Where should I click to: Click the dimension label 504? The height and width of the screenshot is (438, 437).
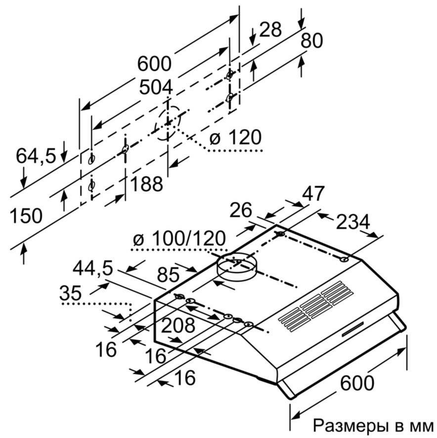[155, 88]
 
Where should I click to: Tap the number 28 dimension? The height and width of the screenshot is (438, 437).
[270, 30]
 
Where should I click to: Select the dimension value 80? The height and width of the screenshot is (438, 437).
[312, 41]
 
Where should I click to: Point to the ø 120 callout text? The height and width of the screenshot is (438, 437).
[234, 138]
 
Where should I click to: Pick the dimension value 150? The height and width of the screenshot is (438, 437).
[26, 216]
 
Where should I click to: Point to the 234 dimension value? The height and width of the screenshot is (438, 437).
[353, 223]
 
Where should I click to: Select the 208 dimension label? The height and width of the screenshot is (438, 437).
[178, 325]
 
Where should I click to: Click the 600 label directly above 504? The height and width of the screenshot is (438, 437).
[155, 64]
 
